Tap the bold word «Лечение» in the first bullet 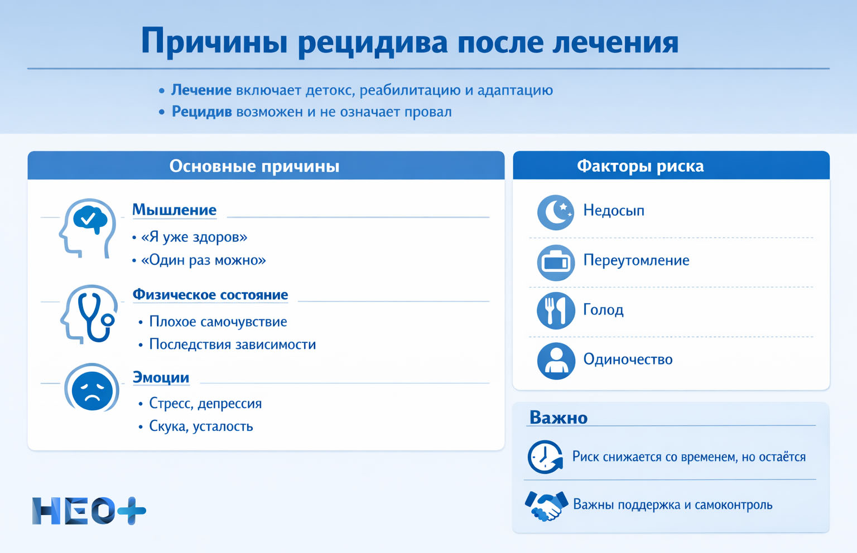pyautogui.click(x=201, y=90)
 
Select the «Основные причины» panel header pyautogui.click(x=254, y=166)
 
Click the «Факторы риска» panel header pyautogui.click(x=640, y=166)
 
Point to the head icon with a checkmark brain pyautogui.click(x=88, y=227)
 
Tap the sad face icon pyautogui.click(x=92, y=389)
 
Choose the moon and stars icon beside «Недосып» pyautogui.click(x=556, y=212)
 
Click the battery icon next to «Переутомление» pyautogui.click(x=556, y=262)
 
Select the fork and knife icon pyautogui.click(x=556, y=311)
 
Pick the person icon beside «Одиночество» pyautogui.click(x=556, y=361)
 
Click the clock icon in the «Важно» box pyautogui.click(x=545, y=457)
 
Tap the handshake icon pyautogui.click(x=546, y=506)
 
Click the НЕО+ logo pyautogui.click(x=89, y=511)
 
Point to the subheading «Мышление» pyautogui.click(x=174, y=210)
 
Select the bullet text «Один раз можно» pyautogui.click(x=203, y=260)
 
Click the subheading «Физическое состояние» pyautogui.click(x=210, y=295)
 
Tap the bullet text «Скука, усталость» pyautogui.click(x=201, y=426)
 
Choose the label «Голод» pyautogui.click(x=603, y=310)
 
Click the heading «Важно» pyautogui.click(x=558, y=418)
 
